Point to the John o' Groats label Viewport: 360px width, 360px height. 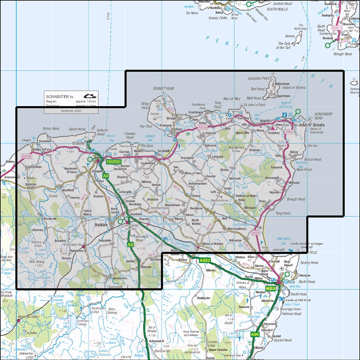pyautogui.click(x=311, y=125)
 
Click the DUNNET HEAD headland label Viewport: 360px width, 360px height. pyautogui.click(x=164, y=88)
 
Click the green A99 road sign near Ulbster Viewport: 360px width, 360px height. pyautogui.click(x=255, y=334)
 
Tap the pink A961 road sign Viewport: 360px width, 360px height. pyautogui.click(x=337, y=28)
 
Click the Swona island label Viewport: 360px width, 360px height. pyautogui.click(x=290, y=36)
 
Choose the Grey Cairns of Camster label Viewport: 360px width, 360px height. pyautogui.click(x=191, y=333)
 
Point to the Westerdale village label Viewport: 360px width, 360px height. pyautogui.click(x=120, y=278)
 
